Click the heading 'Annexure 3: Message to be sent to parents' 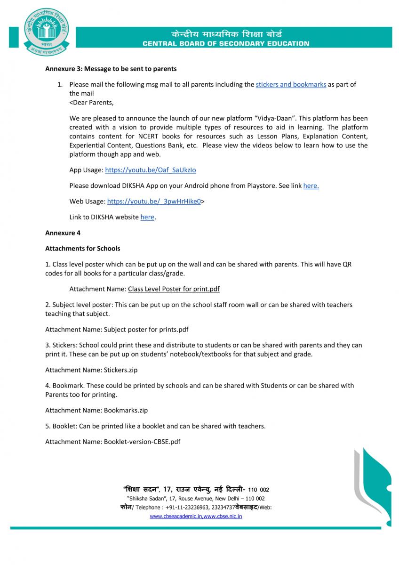pyautogui.click(x=111, y=69)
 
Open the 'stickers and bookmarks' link pyautogui.click(x=291, y=85)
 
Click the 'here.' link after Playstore pyautogui.click(x=311, y=186)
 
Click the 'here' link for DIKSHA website pyautogui.click(x=147, y=218)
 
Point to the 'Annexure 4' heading pyautogui.click(x=63, y=233)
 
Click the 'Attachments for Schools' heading pyautogui.click(x=82, y=249)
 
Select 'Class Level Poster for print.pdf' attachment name pyautogui.click(x=174, y=289)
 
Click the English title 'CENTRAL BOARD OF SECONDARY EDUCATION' pyautogui.click(x=226, y=44)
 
